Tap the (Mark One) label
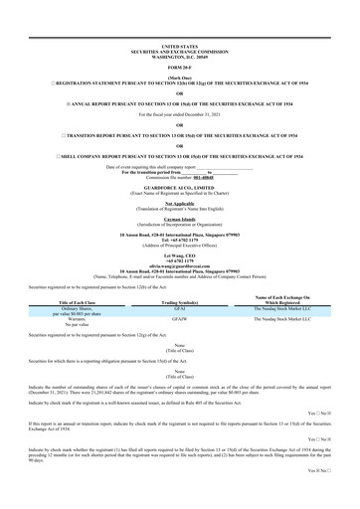pyautogui.click(x=179, y=78)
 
